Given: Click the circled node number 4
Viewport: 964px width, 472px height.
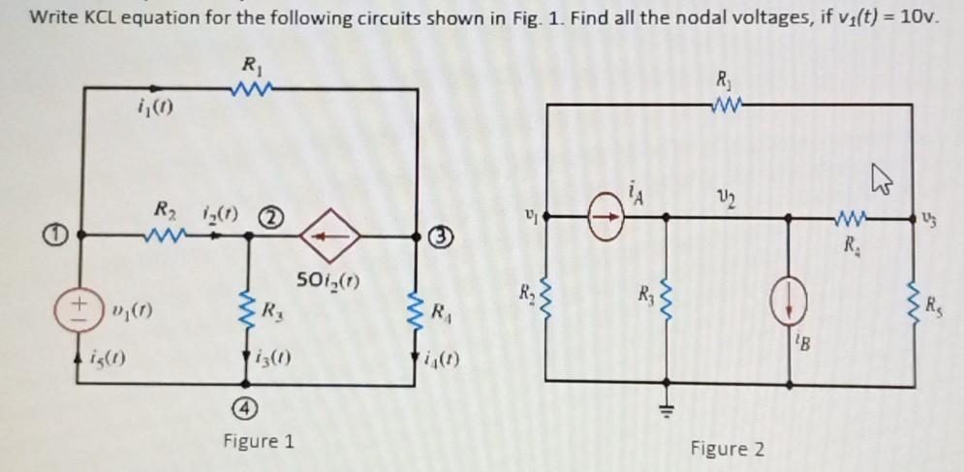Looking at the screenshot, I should tap(249, 408).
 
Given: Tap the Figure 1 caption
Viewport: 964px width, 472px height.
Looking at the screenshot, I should tap(258, 442).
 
